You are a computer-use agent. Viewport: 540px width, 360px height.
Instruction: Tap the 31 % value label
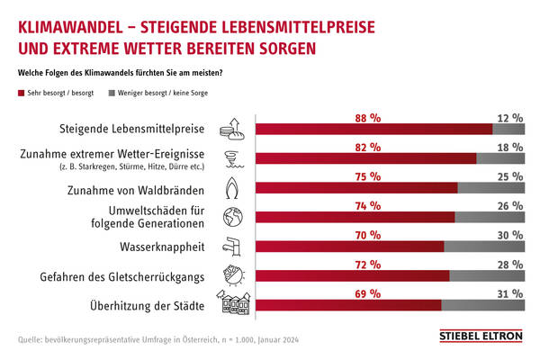pos(509,293)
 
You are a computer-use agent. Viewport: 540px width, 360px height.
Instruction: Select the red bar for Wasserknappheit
pos(351,247)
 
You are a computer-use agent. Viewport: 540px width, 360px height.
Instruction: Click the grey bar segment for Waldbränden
pos(491,188)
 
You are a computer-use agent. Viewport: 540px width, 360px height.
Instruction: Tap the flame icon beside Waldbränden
pos(232,189)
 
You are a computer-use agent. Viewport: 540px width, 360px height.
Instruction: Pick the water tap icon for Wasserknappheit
pos(233,246)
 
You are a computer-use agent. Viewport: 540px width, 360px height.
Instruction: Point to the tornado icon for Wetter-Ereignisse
pos(232,158)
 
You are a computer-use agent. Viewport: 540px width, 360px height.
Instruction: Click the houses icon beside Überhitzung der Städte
pos(233,304)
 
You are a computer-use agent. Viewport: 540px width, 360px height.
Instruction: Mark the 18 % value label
pos(509,147)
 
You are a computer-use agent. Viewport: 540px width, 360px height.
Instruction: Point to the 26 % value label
pos(509,206)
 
